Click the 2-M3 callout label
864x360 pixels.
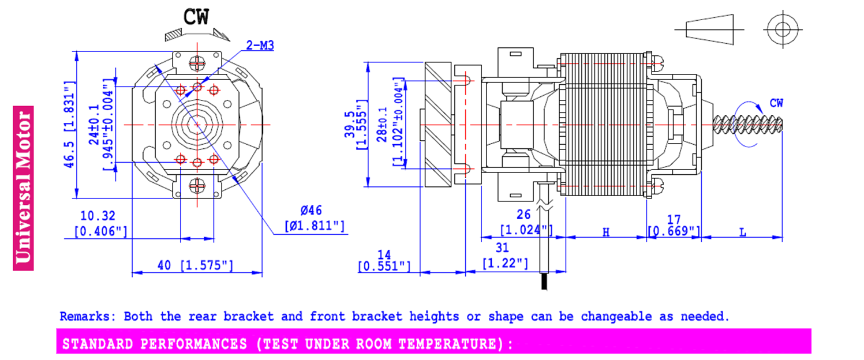tap(260, 46)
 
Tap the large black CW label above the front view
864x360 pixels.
tap(196, 17)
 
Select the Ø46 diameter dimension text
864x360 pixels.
tap(311, 211)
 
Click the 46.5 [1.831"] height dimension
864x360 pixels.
tap(69, 125)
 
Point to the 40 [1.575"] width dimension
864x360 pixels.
tap(195, 265)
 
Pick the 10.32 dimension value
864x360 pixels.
tap(98, 215)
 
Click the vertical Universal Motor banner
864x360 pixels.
tap(23, 187)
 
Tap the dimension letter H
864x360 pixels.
tap(606, 232)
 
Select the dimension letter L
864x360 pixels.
tap(742, 232)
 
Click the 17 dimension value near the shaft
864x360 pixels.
tap(674, 220)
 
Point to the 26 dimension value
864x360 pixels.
tap(523, 214)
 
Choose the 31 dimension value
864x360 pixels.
tap(502, 248)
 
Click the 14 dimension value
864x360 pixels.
tap(384, 254)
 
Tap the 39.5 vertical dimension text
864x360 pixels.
tap(349, 125)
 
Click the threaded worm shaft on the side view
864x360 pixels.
tap(747, 125)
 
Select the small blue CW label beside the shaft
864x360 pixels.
tap(776, 103)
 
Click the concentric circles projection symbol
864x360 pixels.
tap(783, 29)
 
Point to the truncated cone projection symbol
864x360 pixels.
tap(709, 29)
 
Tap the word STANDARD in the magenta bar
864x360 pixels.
tap(98, 344)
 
